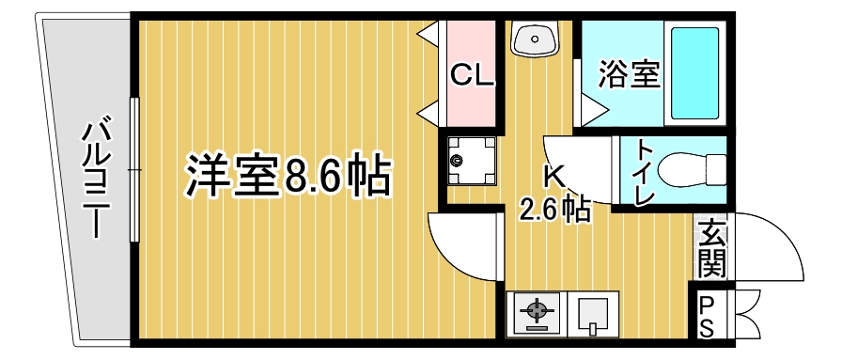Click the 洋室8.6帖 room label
(288, 175)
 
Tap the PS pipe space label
(711, 315)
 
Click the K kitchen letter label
(554, 176)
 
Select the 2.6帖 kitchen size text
(554, 209)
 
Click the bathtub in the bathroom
(694, 71)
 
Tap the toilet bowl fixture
(692, 171)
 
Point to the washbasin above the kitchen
(535, 39)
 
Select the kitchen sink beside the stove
(593, 313)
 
